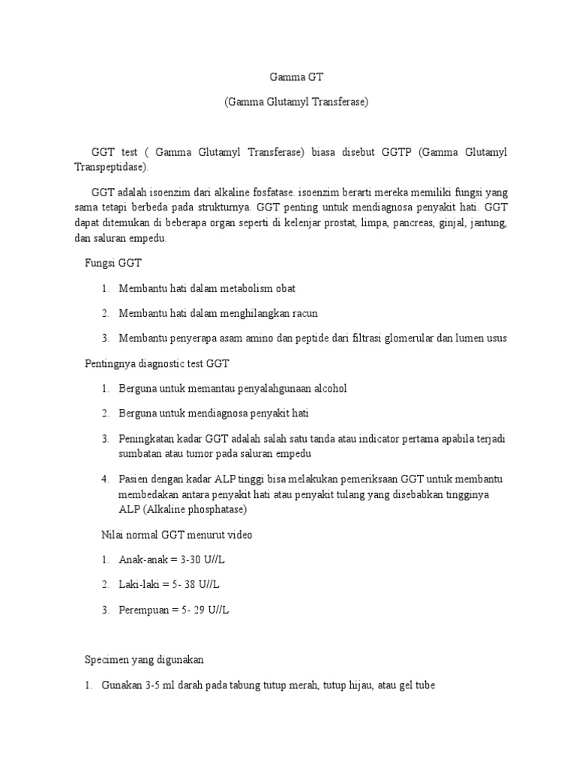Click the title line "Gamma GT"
coord(295,76)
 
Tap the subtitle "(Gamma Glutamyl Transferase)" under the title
coord(295,102)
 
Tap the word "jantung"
coord(490,225)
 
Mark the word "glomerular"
coord(406,338)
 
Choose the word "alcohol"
coord(328,388)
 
